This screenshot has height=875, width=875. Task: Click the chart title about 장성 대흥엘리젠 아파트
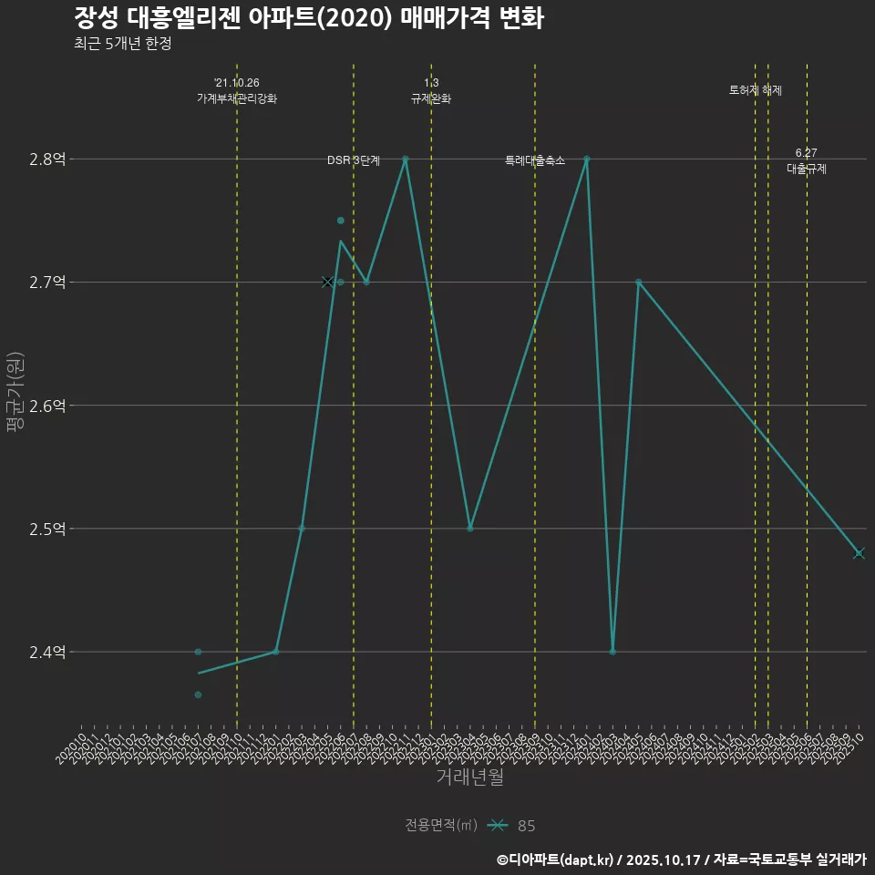point(309,18)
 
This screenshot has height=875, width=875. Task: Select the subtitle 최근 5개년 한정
point(122,44)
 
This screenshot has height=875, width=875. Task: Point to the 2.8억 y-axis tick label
point(47,160)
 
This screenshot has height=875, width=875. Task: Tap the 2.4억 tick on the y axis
point(47,652)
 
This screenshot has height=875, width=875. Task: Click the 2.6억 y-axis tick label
point(47,406)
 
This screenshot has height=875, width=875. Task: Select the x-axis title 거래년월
point(469,777)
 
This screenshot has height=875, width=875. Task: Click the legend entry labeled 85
point(526,826)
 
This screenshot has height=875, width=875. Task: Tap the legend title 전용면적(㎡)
point(441,826)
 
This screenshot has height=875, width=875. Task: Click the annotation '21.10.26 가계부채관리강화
point(237,90)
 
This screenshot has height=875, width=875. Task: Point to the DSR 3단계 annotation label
point(354,160)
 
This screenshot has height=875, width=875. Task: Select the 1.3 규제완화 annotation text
point(431,90)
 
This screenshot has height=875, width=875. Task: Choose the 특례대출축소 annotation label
point(535,160)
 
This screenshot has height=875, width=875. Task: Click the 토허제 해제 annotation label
point(756,90)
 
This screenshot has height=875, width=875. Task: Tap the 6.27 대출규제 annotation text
point(807,160)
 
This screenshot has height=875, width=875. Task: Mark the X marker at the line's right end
point(859,553)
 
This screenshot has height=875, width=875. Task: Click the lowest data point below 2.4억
point(198,695)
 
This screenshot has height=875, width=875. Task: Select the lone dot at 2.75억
point(341,221)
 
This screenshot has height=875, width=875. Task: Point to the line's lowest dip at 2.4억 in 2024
point(612,652)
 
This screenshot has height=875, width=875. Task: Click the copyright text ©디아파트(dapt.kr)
point(556,860)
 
